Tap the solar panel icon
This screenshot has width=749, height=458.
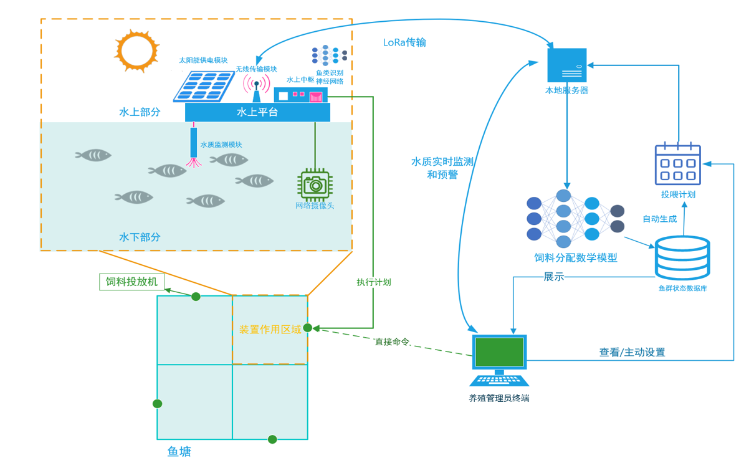203,86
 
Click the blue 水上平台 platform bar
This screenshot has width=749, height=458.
257,112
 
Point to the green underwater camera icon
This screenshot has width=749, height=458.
315,185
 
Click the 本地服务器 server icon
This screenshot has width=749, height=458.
566,65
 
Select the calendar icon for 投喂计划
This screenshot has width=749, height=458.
677,164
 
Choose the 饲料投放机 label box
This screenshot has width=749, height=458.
131,282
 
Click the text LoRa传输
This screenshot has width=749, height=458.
404,43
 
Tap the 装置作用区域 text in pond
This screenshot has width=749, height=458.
270,329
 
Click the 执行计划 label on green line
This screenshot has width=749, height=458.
373,282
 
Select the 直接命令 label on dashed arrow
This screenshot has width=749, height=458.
392,342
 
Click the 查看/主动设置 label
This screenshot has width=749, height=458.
632,353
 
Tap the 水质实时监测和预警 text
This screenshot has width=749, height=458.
442,168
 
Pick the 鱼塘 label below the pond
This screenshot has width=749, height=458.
179,451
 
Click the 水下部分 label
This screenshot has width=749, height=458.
140,237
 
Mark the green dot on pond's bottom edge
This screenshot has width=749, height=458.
272,439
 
